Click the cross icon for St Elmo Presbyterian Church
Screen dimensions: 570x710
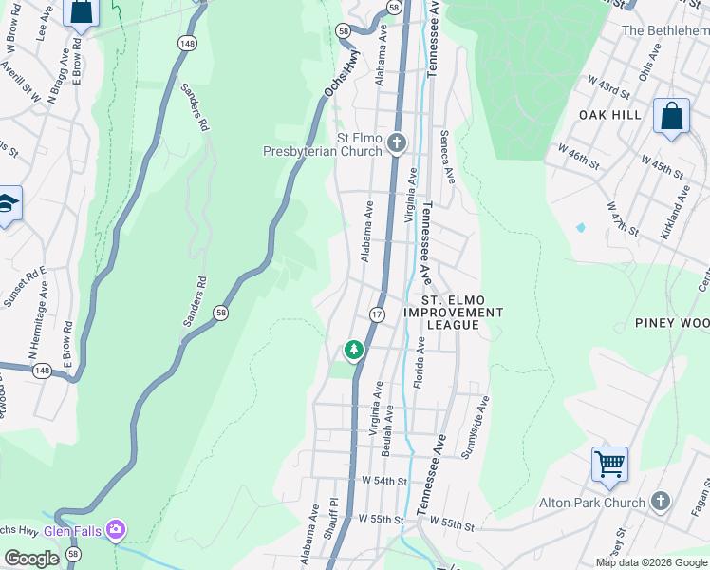click(x=397, y=143)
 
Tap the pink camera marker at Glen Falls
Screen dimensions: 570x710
click(x=116, y=527)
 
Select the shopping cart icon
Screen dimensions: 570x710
click(x=609, y=465)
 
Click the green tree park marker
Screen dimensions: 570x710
click(x=354, y=351)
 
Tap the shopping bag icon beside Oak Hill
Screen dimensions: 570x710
click(x=671, y=117)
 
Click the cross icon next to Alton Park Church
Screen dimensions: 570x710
click(x=661, y=501)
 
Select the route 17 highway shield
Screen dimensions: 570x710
click(x=377, y=314)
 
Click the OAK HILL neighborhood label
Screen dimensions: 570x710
click(x=610, y=115)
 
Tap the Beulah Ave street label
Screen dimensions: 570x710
click(x=388, y=432)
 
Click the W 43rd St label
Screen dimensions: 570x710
click(x=607, y=91)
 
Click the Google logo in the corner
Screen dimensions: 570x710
click(x=31, y=559)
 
